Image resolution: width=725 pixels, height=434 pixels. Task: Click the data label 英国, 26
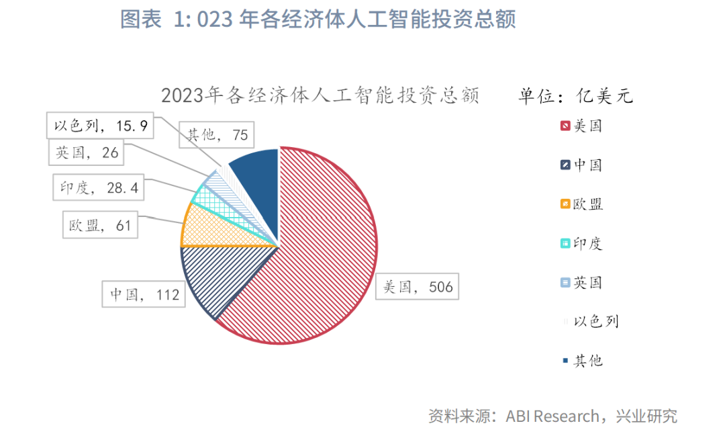[x=87, y=153]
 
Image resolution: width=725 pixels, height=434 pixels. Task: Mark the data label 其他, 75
[x=215, y=135]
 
